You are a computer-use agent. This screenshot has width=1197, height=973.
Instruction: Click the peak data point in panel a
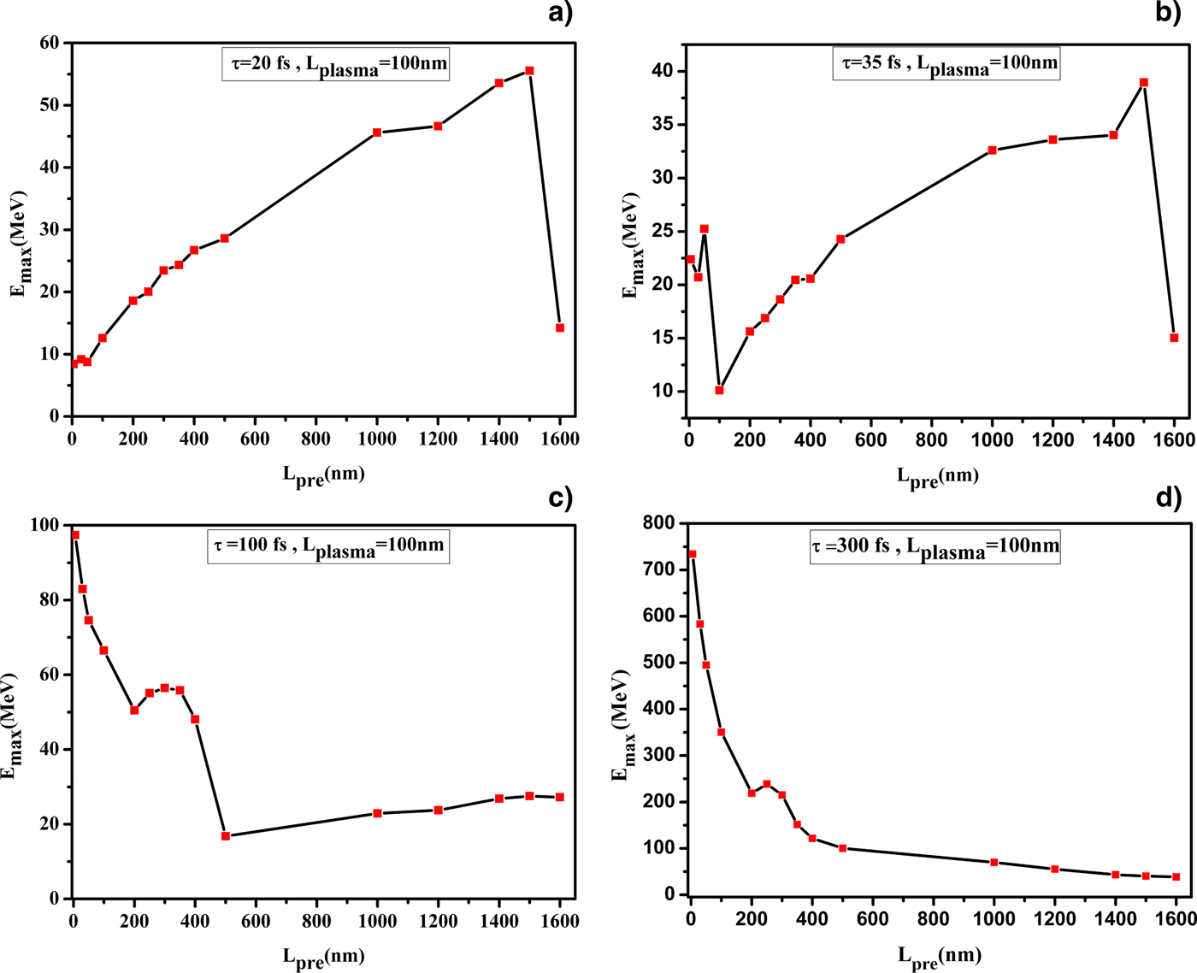point(529,71)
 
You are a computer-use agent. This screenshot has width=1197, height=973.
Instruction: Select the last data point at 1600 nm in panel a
point(560,327)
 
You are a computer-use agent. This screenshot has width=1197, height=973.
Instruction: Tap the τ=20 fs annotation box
point(336,65)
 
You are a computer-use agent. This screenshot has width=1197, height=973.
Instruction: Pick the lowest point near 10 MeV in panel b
point(719,390)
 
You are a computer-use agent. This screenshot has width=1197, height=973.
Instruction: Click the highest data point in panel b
point(1143,83)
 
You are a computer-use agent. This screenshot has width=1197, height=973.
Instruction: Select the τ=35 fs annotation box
point(946,63)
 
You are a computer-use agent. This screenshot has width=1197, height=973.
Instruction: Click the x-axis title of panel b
point(937,476)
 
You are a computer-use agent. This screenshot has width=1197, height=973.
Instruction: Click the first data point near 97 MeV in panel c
point(75,535)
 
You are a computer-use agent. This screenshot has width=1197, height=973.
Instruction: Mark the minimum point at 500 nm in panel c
point(226,835)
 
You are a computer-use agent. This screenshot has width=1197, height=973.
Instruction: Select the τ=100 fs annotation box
point(328,546)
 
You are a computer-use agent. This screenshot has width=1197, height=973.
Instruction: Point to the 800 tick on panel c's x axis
point(316,921)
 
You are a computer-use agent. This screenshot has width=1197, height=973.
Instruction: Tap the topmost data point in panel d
point(692,554)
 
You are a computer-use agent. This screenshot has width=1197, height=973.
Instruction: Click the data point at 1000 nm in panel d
point(994,862)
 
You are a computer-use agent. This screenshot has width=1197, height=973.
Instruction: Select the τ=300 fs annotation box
point(935,546)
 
